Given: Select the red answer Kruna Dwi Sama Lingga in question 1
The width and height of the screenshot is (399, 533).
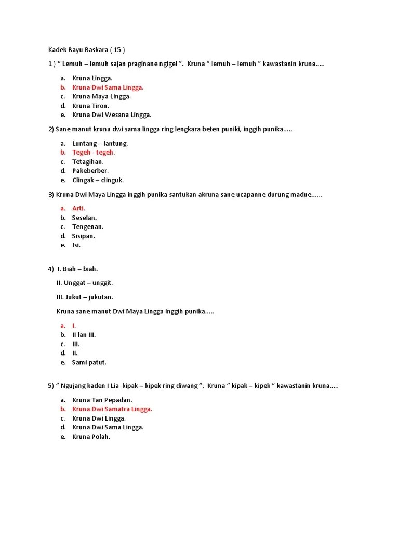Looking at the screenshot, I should (x=108, y=87).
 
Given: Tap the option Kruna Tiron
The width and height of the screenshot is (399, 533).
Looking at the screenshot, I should (x=90, y=106).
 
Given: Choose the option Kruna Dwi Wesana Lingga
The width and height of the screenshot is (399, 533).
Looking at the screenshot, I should (x=112, y=115).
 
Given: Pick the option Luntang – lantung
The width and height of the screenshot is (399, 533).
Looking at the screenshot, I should (x=100, y=143).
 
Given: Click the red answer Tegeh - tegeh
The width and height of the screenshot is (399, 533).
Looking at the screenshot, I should (x=94, y=153).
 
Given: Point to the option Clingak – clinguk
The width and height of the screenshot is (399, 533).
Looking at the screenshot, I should (x=98, y=180).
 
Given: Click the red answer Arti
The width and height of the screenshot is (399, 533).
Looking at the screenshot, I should (x=78, y=208).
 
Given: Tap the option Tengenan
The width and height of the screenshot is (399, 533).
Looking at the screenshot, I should (x=88, y=227).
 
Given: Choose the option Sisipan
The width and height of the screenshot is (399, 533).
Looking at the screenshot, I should (x=84, y=236).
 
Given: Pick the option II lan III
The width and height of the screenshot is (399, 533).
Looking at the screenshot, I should (x=84, y=335).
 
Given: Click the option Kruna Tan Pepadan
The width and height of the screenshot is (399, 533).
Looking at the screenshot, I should (x=102, y=400).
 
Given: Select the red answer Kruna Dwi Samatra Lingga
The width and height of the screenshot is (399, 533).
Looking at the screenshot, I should (x=112, y=409).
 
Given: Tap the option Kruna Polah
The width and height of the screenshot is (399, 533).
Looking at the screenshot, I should (x=91, y=437).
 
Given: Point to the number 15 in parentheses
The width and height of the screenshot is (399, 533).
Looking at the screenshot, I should (x=117, y=50).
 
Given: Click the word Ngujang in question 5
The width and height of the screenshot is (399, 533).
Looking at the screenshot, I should (x=75, y=386).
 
